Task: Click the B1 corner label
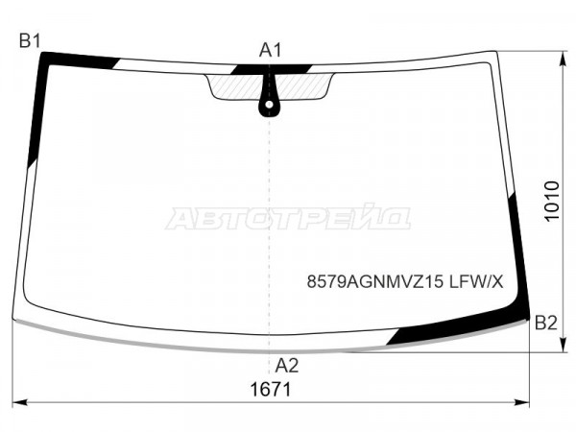pos(30,40)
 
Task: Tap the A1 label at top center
pos(270,50)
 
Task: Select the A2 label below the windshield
pos(287,366)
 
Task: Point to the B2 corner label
pos(546,323)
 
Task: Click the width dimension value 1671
pos(271,390)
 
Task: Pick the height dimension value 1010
pos(551,201)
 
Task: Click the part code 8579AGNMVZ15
pos(375,282)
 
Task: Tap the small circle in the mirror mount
pos(269,105)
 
